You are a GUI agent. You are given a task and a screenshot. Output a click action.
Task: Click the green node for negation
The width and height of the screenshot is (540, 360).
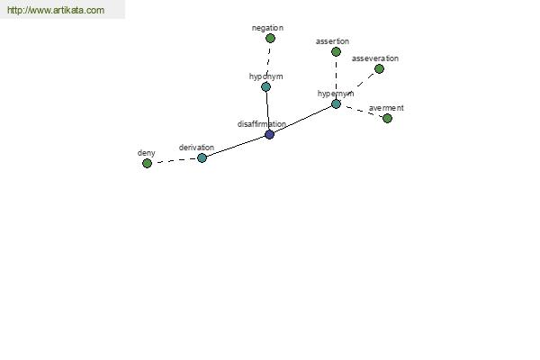(270, 38)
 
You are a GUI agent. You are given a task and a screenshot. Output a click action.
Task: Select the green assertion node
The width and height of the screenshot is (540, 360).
(336, 51)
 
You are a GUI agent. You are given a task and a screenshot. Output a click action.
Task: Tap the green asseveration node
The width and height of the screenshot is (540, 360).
(379, 69)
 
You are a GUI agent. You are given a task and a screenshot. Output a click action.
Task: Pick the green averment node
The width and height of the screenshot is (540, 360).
(387, 118)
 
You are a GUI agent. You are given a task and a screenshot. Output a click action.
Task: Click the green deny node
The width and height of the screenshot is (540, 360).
(147, 163)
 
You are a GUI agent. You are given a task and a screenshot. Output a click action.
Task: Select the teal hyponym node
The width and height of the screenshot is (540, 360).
(265, 86)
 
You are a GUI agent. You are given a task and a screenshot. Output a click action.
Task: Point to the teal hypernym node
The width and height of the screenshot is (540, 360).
(336, 104)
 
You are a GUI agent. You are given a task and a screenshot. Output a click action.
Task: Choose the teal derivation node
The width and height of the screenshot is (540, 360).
(202, 157)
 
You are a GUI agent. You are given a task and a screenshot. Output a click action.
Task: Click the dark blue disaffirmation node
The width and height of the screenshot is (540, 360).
(270, 134)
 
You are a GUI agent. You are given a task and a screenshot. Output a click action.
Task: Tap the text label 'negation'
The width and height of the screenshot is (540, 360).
(267, 28)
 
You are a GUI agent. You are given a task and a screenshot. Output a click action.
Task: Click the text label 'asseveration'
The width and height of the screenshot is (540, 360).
(375, 58)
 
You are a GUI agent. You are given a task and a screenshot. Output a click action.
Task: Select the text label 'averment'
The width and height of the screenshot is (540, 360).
(386, 108)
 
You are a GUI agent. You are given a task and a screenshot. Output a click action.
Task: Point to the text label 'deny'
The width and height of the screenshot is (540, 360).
(147, 153)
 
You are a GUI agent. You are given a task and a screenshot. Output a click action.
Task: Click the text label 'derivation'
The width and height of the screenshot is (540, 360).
(196, 148)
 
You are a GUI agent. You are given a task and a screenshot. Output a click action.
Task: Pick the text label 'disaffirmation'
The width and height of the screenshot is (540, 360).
(262, 124)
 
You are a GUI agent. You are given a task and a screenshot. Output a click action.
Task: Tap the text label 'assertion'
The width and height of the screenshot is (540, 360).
(332, 41)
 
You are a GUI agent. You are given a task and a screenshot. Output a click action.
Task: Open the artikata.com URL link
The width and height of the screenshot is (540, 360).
(56, 10)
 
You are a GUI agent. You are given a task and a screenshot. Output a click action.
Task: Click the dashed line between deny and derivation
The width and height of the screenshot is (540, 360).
(175, 160)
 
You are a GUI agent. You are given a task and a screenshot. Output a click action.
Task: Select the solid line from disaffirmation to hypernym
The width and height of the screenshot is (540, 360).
(302, 119)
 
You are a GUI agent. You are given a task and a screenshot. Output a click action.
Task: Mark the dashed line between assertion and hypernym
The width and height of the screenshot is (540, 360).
(336, 78)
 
